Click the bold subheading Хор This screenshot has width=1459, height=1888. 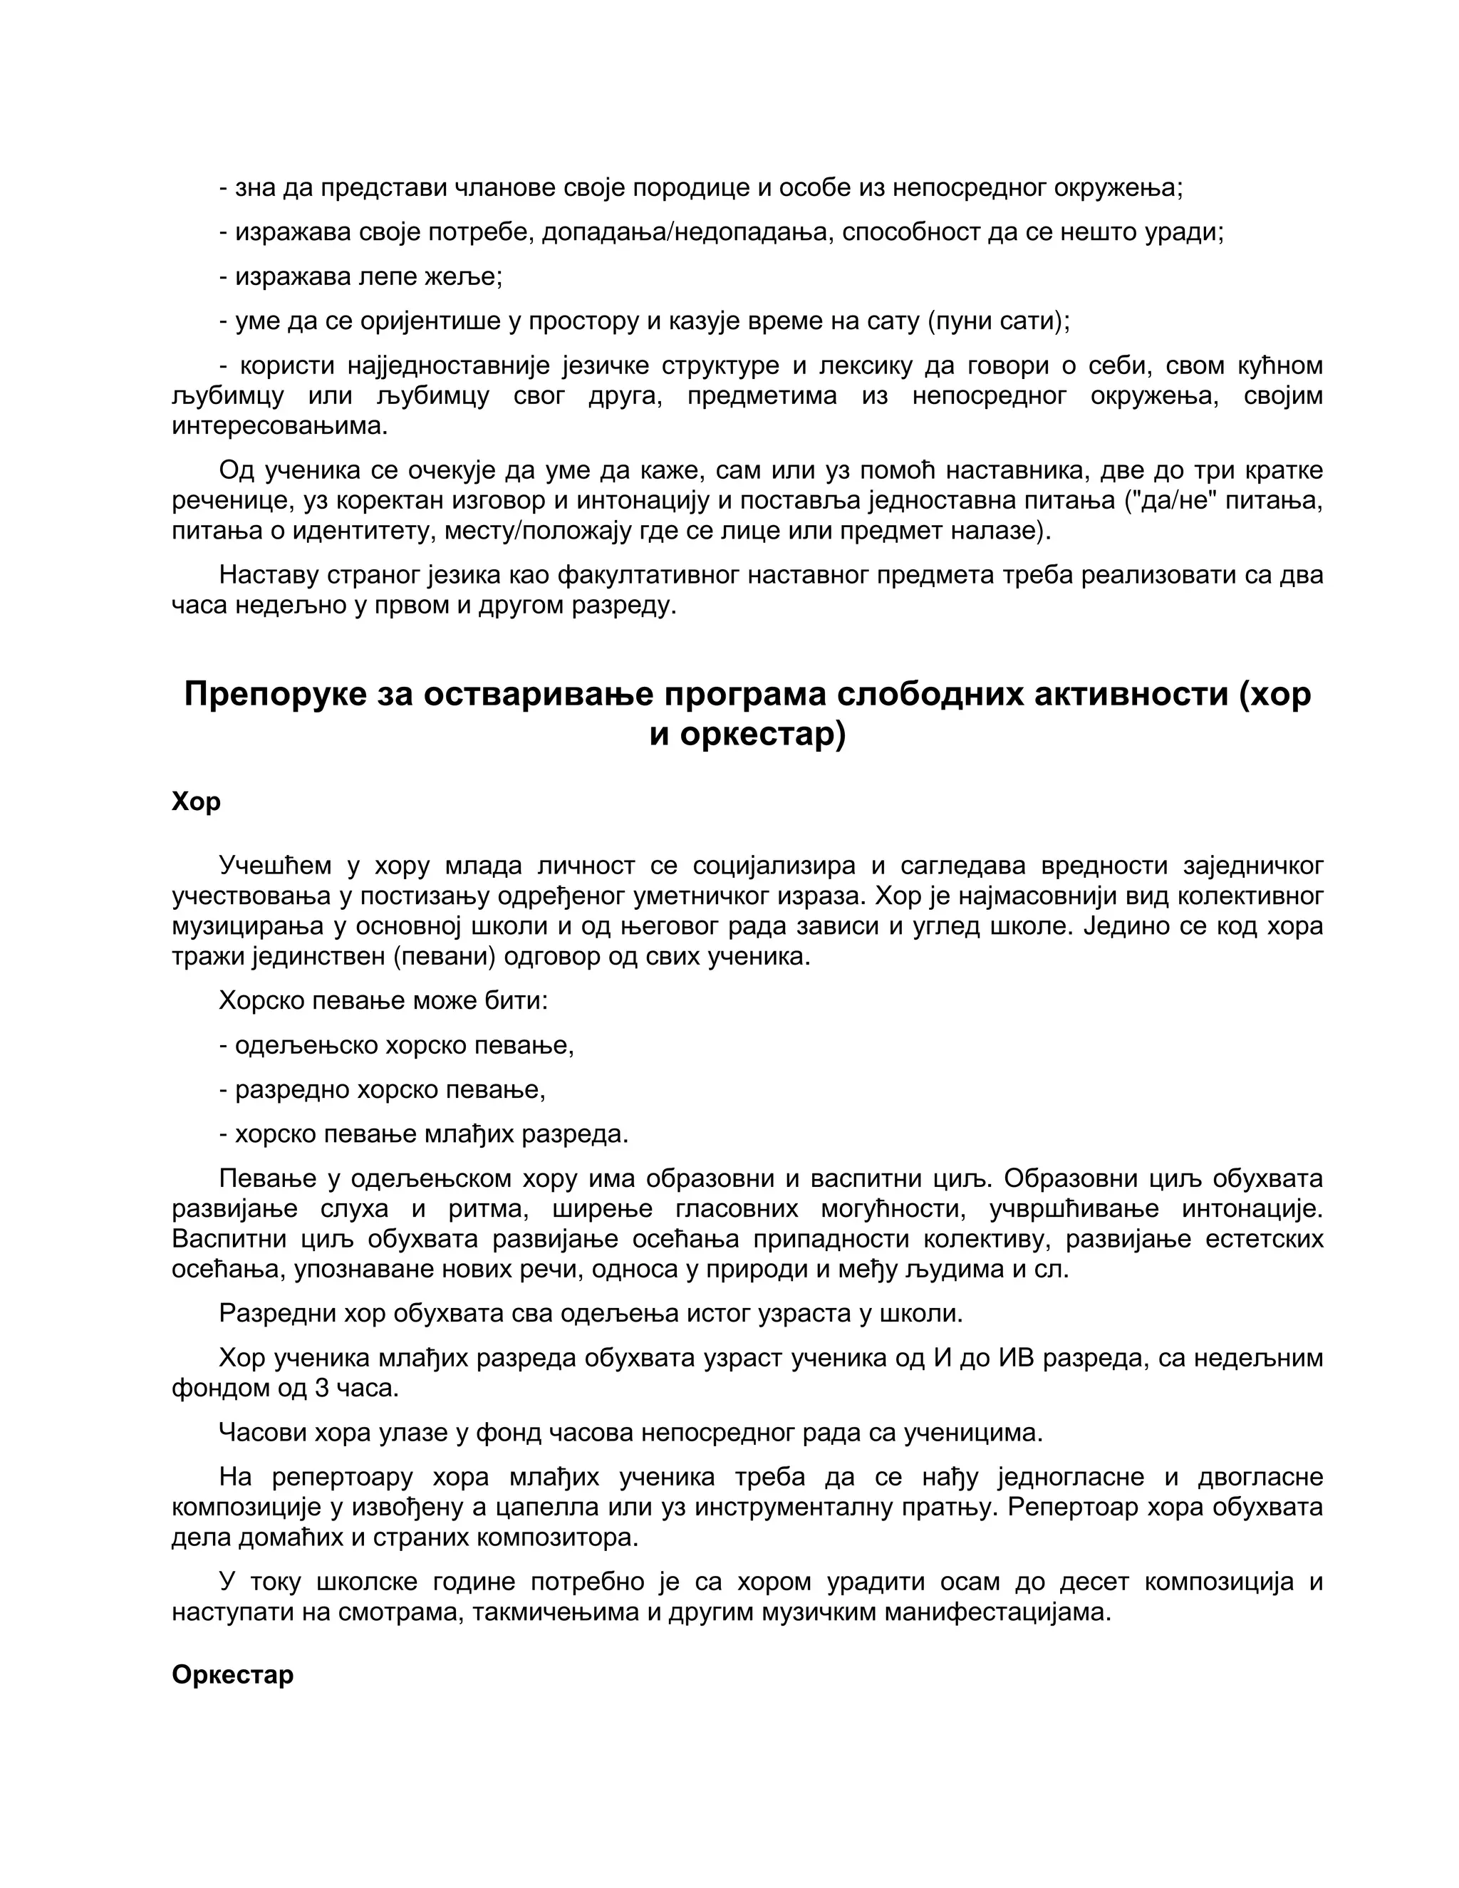click(195, 802)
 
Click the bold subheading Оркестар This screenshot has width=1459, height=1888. click(232, 1674)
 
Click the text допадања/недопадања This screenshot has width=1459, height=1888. click(685, 232)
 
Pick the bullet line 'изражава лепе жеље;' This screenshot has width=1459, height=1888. click(360, 276)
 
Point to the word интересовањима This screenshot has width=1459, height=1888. click(279, 425)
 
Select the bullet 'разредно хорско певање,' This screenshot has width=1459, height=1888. click(382, 1089)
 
